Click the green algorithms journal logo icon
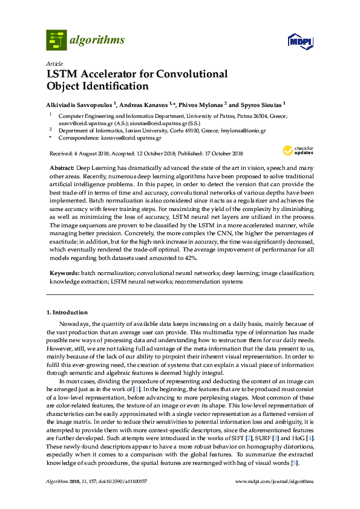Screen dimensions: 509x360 56,40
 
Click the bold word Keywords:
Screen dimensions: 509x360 64,274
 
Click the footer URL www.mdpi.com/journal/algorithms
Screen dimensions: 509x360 273,481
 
